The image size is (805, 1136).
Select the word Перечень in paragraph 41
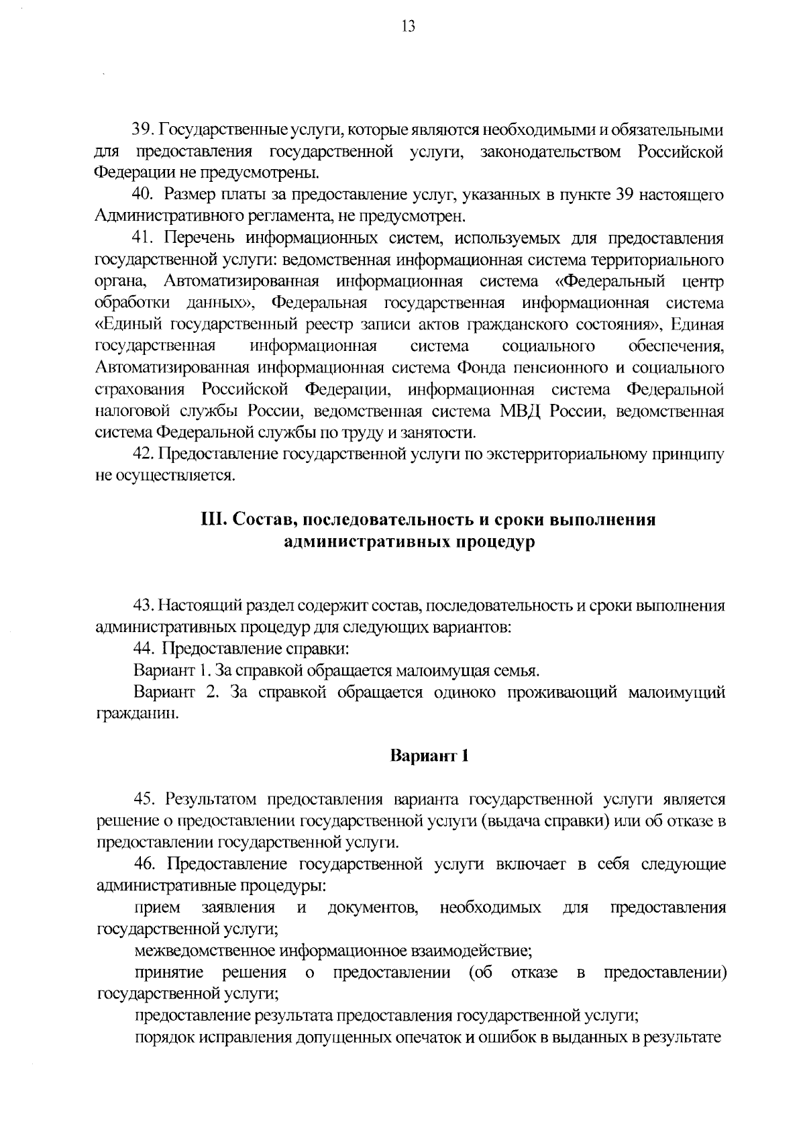tap(196, 238)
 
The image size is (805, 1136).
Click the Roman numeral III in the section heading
tap(214, 521)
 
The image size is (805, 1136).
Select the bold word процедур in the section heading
tap(496, 542)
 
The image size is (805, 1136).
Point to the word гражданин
tap(138, 713)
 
